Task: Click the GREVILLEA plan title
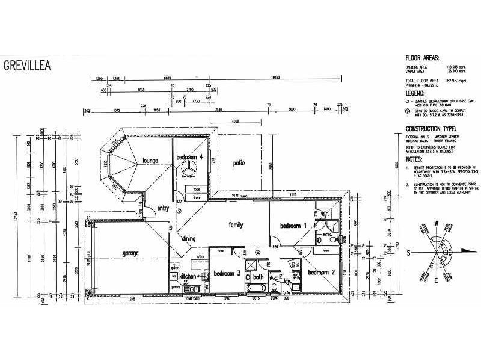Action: point(27,64)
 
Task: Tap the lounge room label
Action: point(146,161)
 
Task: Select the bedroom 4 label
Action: point(189,158)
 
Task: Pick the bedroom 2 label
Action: point(321,272)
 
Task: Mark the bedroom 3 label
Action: point(227,272)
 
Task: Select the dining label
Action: point(189,239)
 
